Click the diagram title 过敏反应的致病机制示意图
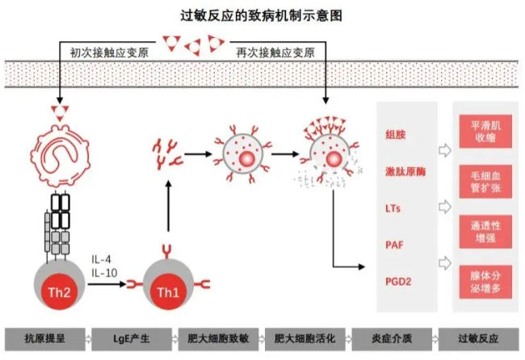coord(262,15)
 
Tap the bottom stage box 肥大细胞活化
coord(298,337)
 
